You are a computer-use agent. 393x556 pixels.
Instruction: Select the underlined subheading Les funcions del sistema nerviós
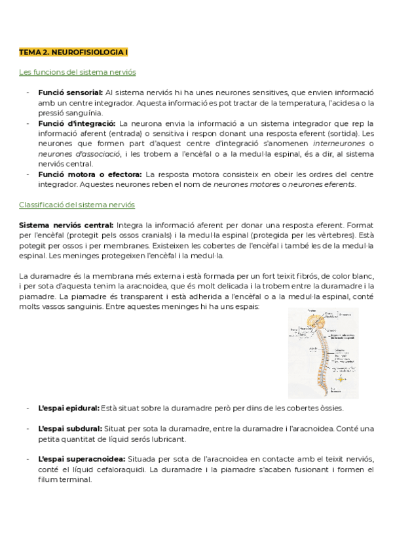pos(77,72)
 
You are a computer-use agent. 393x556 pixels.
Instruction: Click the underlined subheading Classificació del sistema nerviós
pos(77,205)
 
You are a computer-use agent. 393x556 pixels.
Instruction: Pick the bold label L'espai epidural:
pos(69,408)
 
